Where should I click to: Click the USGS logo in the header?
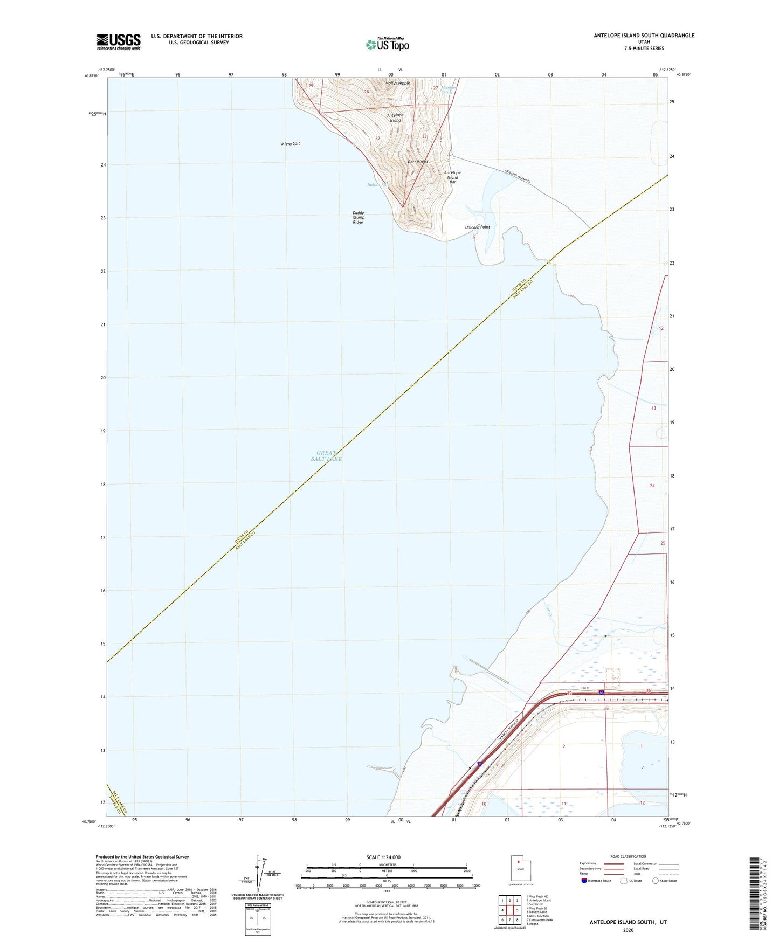point(119,41)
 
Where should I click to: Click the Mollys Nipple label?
point(398,83)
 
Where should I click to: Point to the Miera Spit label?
point(291,144)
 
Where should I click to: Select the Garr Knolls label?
point(418,162)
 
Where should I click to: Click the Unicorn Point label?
point(478,227)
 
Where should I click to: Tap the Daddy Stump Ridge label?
point(359,217)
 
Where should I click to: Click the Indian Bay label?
point(377,185)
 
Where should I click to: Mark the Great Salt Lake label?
point(326,456)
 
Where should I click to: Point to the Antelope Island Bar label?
point(453,177)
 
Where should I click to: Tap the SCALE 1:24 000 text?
point(383,857)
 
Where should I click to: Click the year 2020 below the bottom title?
point(628,930)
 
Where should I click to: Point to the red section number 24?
point(652,486)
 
